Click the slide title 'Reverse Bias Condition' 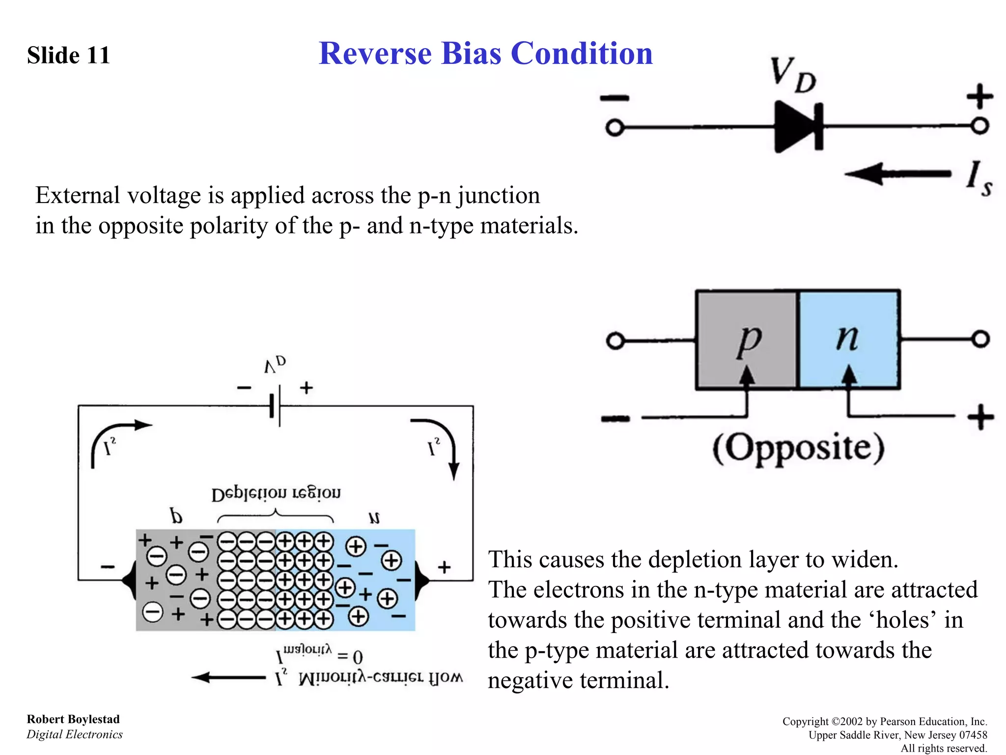coord(485,53)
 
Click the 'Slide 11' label coord(68,55)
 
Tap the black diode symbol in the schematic coord(797,127)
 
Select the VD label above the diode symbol coord(792,75)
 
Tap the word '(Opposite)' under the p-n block coord(798,448)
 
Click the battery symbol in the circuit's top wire coord(275,406)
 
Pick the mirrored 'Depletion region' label coord(276,494)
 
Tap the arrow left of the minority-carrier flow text coord(228,677)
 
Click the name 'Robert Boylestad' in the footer coord(73,719)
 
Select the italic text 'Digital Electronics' coord(74,734)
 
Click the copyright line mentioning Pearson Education coord(884,721)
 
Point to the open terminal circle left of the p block coord(615,341)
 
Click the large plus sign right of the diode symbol coord(979,96)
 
